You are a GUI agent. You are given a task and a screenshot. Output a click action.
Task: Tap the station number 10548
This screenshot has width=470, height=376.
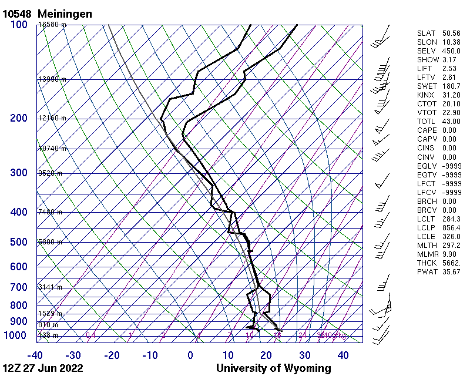point(18,13)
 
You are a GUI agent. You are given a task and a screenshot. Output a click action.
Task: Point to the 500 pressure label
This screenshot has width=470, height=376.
point(18,242)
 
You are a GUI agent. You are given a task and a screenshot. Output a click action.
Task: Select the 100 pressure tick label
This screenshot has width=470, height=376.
point(18,25)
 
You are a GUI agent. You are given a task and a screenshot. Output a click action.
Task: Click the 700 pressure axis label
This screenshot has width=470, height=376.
point(18,287)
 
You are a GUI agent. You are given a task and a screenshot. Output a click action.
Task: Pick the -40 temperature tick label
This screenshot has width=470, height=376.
point(35,355)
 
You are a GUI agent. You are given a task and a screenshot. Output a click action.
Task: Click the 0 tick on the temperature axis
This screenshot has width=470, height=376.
point(190,355)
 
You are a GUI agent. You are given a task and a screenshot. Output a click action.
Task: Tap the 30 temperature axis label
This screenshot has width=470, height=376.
point(304,355)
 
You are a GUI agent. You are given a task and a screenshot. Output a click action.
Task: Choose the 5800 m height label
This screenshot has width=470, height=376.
point(50,242)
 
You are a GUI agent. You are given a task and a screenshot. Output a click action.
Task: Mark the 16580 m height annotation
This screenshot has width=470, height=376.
point(52,25)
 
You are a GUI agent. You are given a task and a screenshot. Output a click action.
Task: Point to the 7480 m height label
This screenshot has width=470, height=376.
point(50,212)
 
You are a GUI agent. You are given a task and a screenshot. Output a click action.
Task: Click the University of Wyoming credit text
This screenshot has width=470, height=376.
point(273,368)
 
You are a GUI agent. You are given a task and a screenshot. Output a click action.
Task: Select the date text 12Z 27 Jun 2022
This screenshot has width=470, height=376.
point(42,368)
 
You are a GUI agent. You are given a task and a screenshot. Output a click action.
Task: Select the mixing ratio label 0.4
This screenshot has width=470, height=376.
point(91,335)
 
